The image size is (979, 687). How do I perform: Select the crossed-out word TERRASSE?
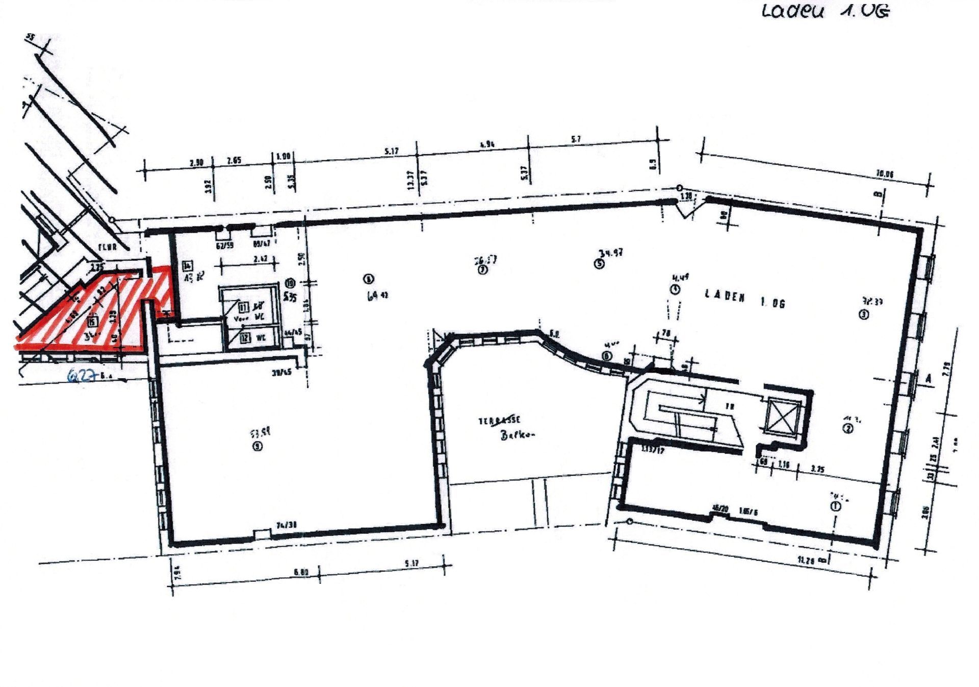[x=499, y=421]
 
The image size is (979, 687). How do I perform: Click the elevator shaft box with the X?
[x=782, y=416]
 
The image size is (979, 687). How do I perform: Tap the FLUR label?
[x=108, y=247]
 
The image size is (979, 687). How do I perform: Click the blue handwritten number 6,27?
[x=82, y=376]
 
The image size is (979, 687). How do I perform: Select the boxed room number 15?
[x=92, y=321]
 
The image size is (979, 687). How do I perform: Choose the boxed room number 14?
[x=188, y=265]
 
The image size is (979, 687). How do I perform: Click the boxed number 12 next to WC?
[x=245, y=337]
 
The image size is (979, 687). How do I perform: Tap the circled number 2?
[x=848, y=428]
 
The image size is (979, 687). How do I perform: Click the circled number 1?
[x=835, y=506]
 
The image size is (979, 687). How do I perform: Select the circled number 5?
[x=599, y=264]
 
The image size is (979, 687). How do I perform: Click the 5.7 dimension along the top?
[x=576, y=139]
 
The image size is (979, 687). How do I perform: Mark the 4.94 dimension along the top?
[x=487, y=145]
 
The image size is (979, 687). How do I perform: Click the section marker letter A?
[x=928, y=379]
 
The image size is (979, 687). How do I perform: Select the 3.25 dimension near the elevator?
[x=817, y=469]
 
